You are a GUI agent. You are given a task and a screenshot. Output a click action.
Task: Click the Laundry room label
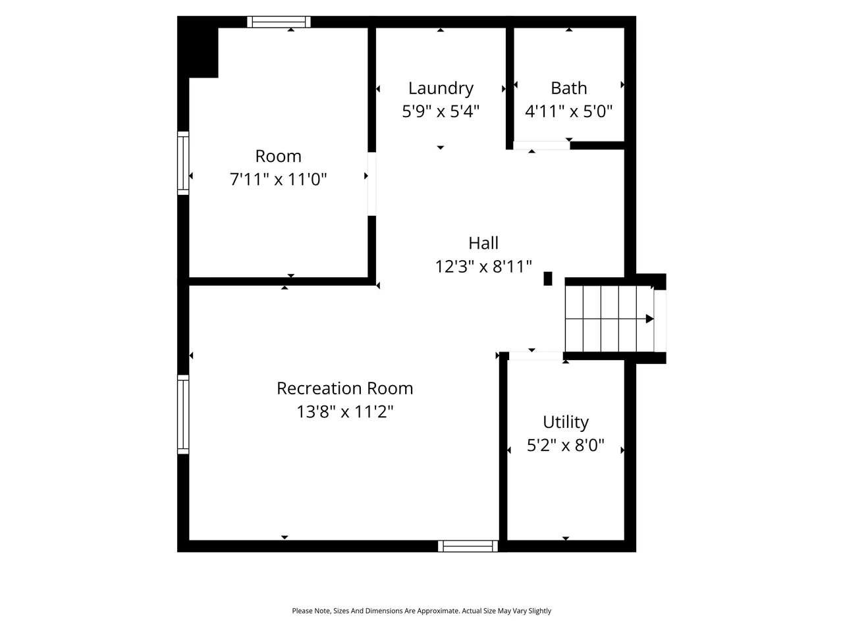point(441,89)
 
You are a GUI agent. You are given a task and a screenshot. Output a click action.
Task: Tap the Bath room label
point(569,88)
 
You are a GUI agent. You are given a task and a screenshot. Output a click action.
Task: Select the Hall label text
point(483,244)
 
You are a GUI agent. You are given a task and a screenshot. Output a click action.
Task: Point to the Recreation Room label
point(344,388)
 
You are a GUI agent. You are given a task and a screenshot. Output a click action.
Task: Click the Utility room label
point(565,423)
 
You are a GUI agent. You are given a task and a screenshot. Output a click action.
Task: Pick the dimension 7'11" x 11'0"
point(278,179)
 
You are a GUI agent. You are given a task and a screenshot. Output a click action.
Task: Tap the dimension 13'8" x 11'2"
point(344,411)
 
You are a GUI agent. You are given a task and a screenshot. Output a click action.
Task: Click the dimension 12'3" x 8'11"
point(483,267)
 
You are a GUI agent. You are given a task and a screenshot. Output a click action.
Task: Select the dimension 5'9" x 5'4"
point(441,111)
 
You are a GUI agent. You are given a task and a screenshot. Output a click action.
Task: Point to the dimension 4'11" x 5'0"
point(569,111)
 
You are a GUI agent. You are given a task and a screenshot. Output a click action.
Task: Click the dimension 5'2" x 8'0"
point(565,446)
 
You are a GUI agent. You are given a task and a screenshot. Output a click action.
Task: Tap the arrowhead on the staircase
point(649,319)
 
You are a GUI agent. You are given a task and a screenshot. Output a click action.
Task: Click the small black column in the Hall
point(548,278)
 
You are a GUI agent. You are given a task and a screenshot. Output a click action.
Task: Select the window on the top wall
point(279,22)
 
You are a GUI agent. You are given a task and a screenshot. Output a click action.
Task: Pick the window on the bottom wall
point(468,546)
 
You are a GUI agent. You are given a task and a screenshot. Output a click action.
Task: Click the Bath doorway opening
point(541,145)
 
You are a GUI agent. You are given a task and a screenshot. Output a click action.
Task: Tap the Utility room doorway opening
point(535,356)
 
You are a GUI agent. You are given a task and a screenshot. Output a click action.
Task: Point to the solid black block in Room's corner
point(198,47)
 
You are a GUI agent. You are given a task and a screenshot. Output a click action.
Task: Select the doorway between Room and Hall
point(371,184)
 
